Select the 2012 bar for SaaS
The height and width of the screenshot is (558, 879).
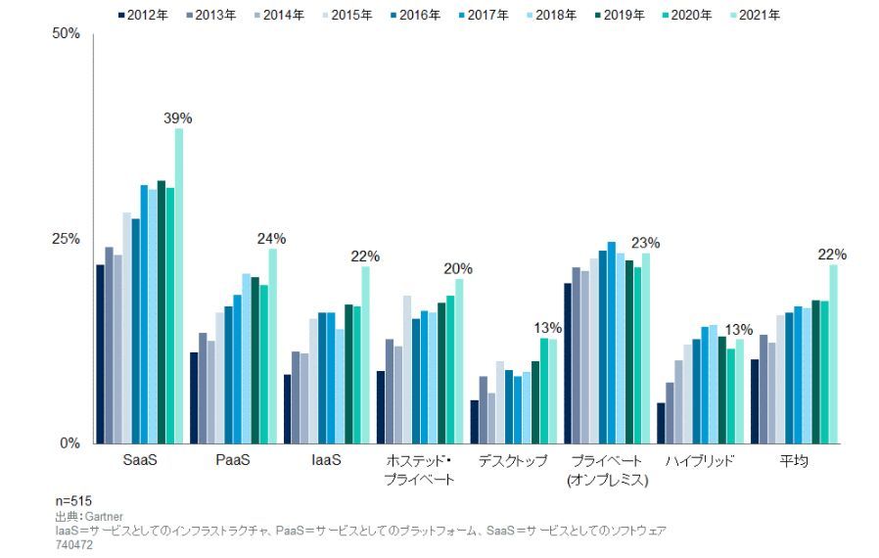100,353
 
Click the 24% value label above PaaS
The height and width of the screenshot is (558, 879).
271,239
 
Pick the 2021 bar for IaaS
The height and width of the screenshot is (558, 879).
366,354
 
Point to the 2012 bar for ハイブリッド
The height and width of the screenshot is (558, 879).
661,423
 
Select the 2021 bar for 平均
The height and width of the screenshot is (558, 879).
834,353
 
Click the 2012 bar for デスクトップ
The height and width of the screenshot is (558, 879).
475,421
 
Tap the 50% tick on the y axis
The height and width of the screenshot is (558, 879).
66,34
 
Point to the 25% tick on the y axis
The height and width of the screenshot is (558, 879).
66,239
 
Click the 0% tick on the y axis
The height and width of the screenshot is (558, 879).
69,443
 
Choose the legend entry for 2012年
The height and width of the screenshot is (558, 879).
143,15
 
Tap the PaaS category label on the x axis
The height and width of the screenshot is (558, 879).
231,461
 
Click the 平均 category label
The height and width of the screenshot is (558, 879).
793,461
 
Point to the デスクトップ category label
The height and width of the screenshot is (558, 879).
512,461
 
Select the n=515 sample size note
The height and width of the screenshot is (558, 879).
73,501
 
